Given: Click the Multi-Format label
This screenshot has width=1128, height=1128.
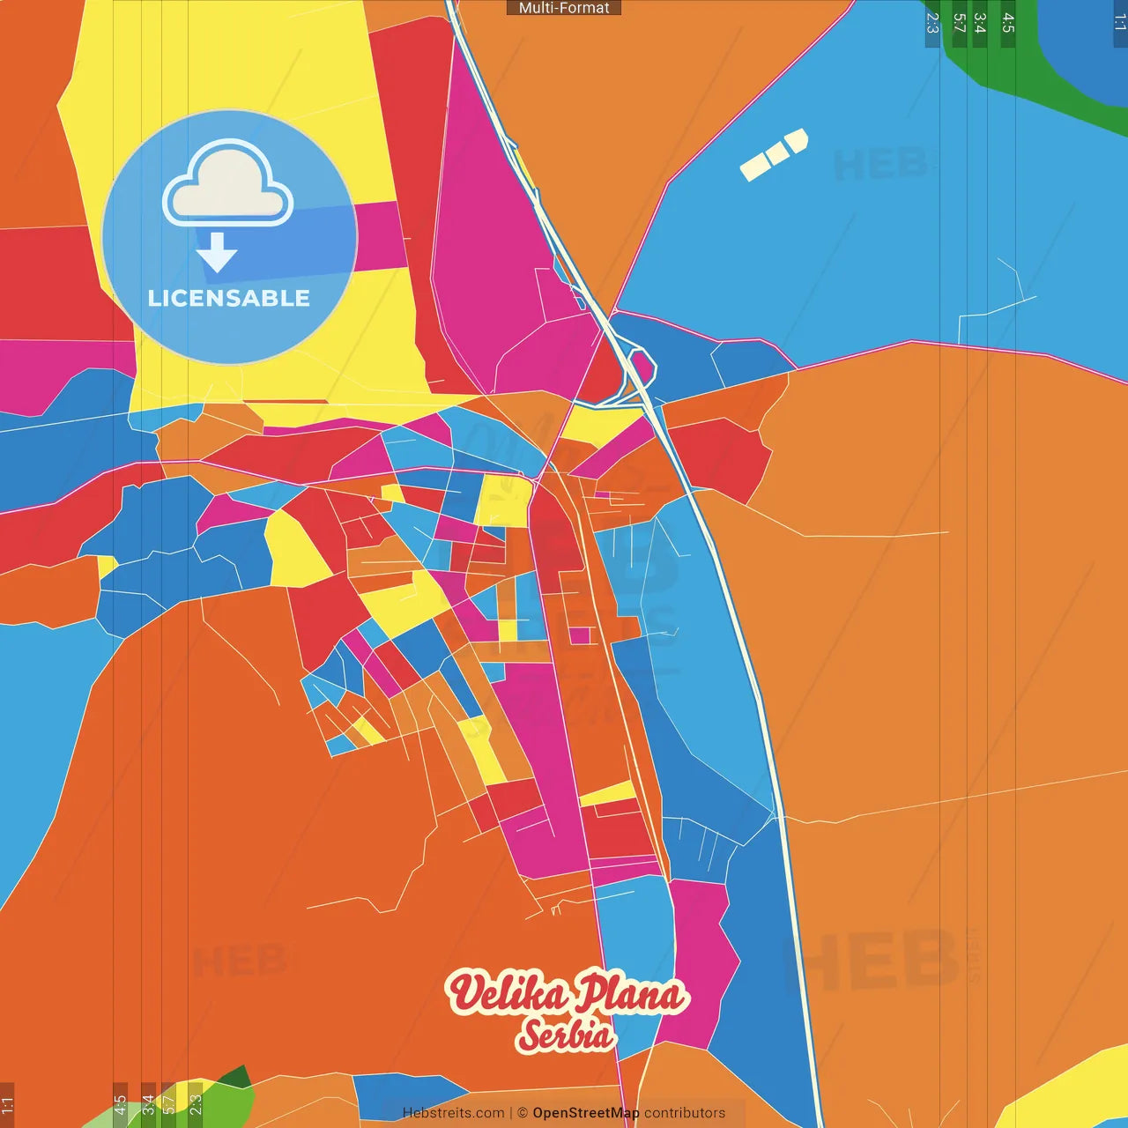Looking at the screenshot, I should point(564,8).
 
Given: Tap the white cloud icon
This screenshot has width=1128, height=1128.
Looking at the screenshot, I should point(227,183).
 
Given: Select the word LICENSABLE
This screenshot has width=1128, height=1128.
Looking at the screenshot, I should point(229,298).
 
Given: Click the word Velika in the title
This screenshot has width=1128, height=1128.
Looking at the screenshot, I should point(508,993).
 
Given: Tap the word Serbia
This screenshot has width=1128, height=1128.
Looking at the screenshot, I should point(564,1035).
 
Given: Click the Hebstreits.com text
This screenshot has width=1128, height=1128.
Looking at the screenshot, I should point(453,1113).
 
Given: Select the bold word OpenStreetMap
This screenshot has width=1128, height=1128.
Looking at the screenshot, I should point(586,1113).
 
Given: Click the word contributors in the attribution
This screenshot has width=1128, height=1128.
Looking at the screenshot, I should point(685,1113).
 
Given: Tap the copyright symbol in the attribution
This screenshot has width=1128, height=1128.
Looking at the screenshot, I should point(522,1113).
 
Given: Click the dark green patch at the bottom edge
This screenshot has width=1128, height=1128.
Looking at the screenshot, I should point(234,1079).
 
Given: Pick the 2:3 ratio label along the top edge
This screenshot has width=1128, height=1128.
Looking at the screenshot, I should point(932,23).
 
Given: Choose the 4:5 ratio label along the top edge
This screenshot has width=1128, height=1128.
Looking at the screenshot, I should point(1008,23).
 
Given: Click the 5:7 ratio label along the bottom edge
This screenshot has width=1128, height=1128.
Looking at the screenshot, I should point(168,1104).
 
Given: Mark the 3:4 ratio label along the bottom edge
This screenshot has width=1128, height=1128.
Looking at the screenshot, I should point(148,1104).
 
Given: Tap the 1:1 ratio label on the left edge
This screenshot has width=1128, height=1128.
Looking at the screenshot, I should point(7,1104).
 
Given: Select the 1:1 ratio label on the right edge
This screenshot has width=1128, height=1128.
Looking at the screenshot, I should point(1120,23).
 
